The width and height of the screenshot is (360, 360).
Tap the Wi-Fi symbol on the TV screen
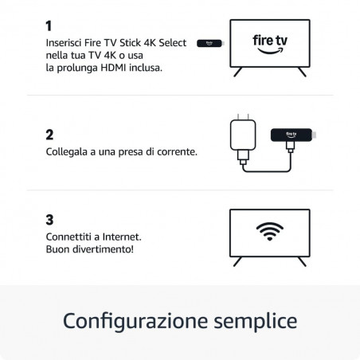point(269,232)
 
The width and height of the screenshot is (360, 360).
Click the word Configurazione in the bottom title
point(131,321)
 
